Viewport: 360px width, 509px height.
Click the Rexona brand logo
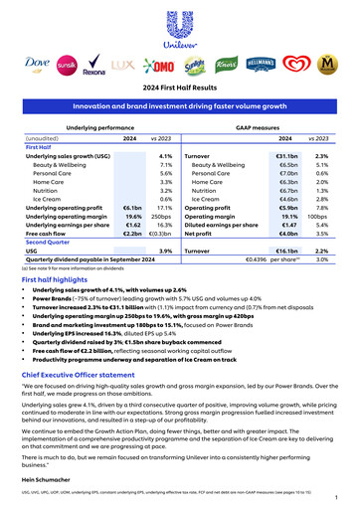point(94,69)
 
